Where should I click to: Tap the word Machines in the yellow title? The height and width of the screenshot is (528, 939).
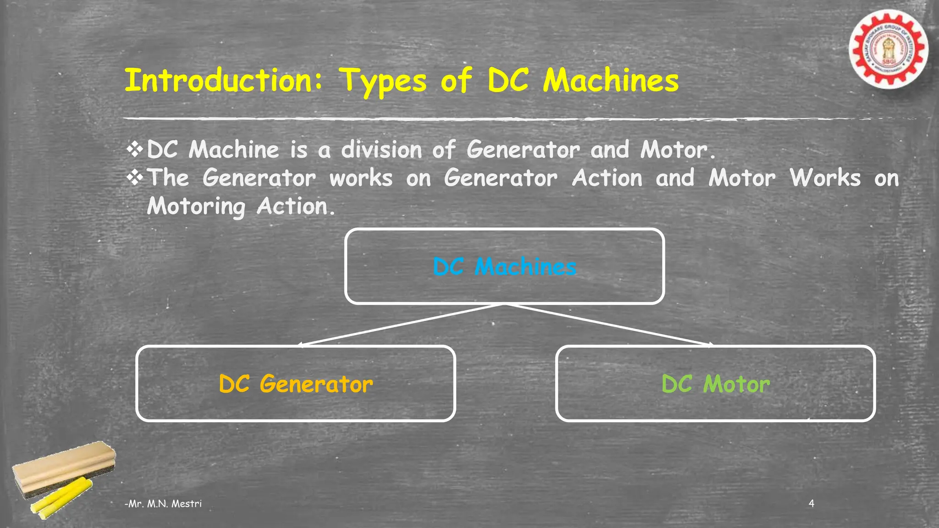(611, 81)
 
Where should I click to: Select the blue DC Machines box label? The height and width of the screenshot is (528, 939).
(504, 267)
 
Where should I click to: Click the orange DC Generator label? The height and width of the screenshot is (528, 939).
(296, 384)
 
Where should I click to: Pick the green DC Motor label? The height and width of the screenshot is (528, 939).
(715, 384)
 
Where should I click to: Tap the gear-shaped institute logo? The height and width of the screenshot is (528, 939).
(888, 49)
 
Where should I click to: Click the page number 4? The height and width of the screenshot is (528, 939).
(811, 503)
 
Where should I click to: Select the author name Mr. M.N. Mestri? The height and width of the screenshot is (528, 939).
(163, 504)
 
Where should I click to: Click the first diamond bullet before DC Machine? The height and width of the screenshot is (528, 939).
(135, 149)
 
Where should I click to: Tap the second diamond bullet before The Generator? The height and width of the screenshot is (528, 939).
(135, 178)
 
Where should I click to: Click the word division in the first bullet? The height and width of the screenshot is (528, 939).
(381, 150)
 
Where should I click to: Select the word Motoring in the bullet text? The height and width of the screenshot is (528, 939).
(196, 207)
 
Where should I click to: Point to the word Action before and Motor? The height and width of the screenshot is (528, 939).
(607, 178)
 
